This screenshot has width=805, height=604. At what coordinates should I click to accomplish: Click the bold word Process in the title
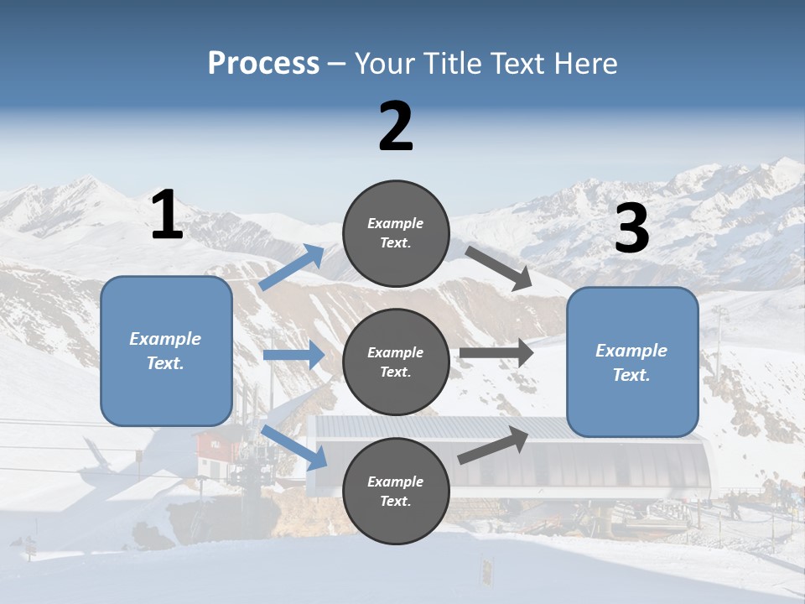pyautogui.click(x=263, y=64)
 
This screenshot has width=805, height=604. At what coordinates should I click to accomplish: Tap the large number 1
pyautogui.click(x=167, y=216)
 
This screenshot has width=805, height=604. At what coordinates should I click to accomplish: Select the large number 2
pyautogui.click(x=396, y=127)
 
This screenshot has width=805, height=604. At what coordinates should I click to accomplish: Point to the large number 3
pyautogui.click(x=631, y=229)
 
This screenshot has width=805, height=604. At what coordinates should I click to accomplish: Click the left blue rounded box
pyautogui.click(x=166, y=351)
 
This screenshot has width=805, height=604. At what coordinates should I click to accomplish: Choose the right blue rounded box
pyautogui.click(x=632, y=362)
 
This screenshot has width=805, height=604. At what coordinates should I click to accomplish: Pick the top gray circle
pyautogui.click(x=396, y=233)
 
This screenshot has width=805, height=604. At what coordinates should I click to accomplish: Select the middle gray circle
pyautogui.click(x=396, y=362)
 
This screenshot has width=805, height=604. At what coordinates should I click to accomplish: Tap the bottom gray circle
pyautogui.click(x=396, y=491)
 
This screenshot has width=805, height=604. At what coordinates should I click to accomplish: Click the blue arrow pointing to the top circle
pyautogui.click(x=292, y=268)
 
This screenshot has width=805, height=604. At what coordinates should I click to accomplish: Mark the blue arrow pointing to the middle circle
pyautogui.click(x=293, y=355)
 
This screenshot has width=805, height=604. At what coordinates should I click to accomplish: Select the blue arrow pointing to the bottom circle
pyautogui.click(x=294, y=448)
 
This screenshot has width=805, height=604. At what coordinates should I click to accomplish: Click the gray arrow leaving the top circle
pyautogui.click(x=500, y=268)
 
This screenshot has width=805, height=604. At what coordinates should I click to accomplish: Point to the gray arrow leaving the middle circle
pyautogui.click(x=496, y=353)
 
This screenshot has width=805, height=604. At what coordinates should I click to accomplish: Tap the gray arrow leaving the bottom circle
pyautogui.click(x=494, y=445)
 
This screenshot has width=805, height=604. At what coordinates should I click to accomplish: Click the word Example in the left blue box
pyautogui.click(x=165, y=339)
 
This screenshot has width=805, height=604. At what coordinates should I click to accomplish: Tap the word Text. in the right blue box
pyautogui.click(x=631, y=375)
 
